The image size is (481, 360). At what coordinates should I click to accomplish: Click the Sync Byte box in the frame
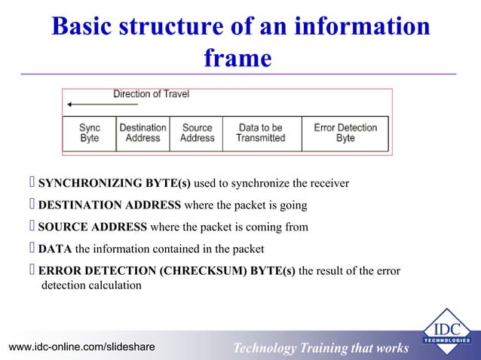(x=90, y=133)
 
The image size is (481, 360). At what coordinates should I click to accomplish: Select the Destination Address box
(x=142, y=133)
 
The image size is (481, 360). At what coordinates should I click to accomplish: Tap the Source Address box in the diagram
(x=197, y=133)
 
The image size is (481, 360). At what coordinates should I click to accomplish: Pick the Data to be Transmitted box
(x=260, y=133)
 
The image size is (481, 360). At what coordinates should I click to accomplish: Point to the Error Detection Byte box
(x=345, y=133)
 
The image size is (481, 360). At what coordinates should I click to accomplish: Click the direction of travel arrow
(x=87, y=105)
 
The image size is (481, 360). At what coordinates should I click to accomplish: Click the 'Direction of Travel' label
(x=151, y=94)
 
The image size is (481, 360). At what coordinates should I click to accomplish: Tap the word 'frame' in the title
(x=237, y=58)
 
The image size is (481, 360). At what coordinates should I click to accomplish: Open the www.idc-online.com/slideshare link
(x=81, y=346)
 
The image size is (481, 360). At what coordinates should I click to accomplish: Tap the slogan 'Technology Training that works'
(x=320, y=347)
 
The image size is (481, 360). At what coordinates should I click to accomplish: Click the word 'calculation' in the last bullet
(x=114, y=285)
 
